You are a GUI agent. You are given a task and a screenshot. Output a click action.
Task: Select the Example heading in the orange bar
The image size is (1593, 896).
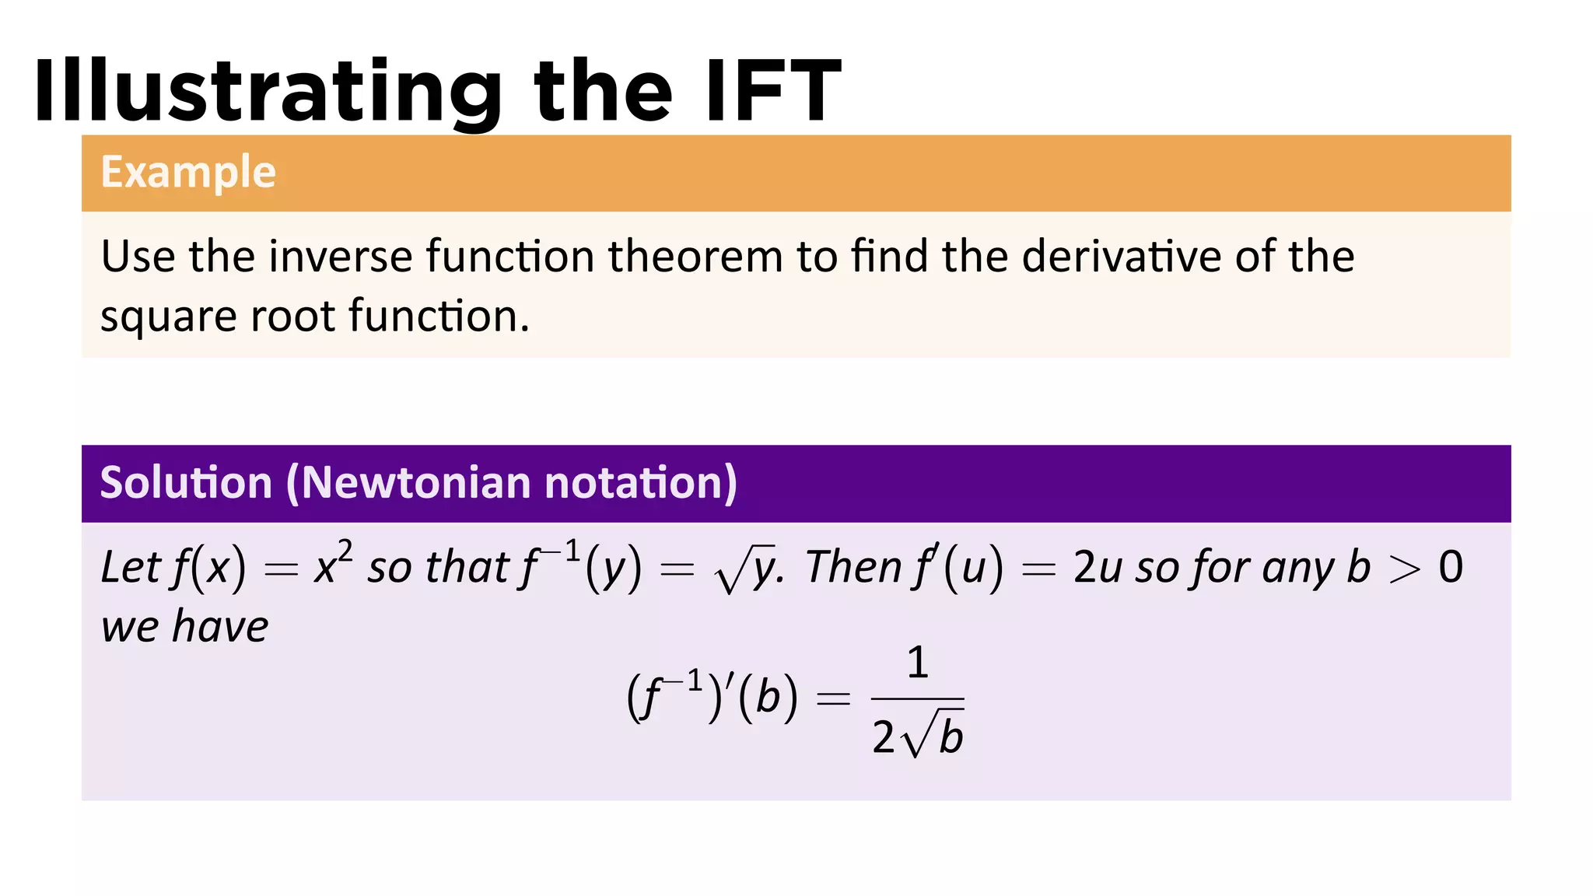click(188, 172)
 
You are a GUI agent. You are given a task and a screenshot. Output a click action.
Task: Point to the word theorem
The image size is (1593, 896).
click(695, 257)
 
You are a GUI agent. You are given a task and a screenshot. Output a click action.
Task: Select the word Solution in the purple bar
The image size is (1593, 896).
click(186, 483)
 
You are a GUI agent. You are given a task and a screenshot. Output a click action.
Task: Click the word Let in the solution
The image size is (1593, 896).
click(130, 567)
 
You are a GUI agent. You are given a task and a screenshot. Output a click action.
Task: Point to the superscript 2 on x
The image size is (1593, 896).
click(345, 552)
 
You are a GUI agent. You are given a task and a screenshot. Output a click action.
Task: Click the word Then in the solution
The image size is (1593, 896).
click(853, 567)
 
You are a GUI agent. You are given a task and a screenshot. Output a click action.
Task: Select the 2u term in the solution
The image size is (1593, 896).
click(1097, 568)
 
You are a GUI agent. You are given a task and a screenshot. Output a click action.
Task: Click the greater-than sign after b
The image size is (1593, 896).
click(1404, 569)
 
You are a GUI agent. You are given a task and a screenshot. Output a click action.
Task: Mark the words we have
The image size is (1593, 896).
click(184, 627)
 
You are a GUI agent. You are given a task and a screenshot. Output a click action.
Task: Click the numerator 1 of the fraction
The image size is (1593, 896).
click(918, 663)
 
